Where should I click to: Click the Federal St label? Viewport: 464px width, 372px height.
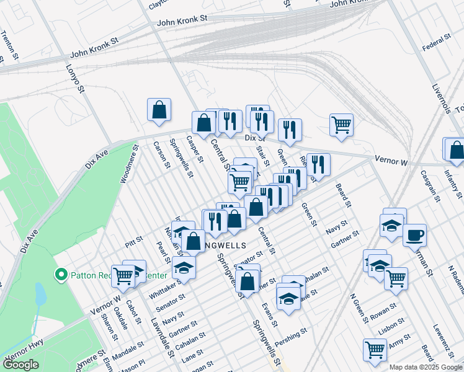point(435,43)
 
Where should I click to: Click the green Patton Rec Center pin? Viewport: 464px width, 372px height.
point(61,274)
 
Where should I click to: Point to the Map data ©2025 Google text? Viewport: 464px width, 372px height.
point(426,367)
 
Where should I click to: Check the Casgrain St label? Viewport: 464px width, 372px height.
point(429,185)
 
